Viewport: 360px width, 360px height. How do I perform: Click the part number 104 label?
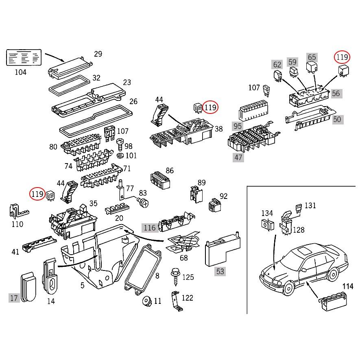pos(20,72)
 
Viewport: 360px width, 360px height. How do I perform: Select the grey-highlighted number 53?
pos(220,271)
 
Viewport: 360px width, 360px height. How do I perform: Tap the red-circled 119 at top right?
pos(342,57)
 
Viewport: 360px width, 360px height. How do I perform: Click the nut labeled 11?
pos(146,302)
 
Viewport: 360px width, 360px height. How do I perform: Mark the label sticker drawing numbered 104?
pos(24,58)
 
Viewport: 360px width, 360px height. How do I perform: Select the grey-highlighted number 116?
pos(149,228)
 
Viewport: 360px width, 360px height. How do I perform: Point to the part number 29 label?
pos(98,54)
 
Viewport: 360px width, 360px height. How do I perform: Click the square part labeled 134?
pos(266,224)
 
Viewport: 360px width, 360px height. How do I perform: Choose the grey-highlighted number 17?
pos(14,298)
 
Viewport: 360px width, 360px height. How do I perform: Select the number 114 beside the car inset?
pos(347,286)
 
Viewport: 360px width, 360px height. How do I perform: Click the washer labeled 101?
pos(120,156)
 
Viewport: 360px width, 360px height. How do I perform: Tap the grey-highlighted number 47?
pos(238,157)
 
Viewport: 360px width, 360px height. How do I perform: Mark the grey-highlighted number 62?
pos(277,64)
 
